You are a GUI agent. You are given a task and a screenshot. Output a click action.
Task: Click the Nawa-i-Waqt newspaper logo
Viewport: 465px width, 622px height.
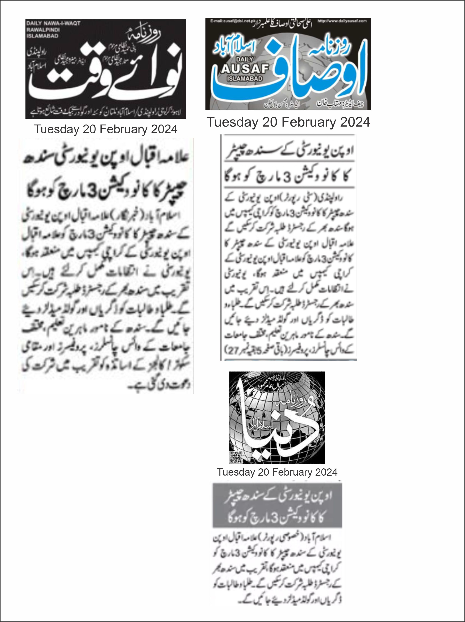pos(105,69)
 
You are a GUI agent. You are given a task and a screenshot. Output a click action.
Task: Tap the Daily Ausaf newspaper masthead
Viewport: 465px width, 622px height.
pos(288,64)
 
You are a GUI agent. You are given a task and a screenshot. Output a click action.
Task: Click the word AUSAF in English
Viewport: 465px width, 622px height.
pos(245,69)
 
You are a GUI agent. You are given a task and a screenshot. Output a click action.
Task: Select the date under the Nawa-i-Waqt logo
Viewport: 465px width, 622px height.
pos(105,129)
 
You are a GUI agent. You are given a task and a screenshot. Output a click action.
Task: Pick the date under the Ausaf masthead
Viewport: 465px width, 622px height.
pos(288,122)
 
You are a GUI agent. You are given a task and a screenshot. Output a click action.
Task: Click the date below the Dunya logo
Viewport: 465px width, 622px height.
pos(277,472)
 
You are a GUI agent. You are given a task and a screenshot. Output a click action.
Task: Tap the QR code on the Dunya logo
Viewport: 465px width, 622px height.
pos(236,457)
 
